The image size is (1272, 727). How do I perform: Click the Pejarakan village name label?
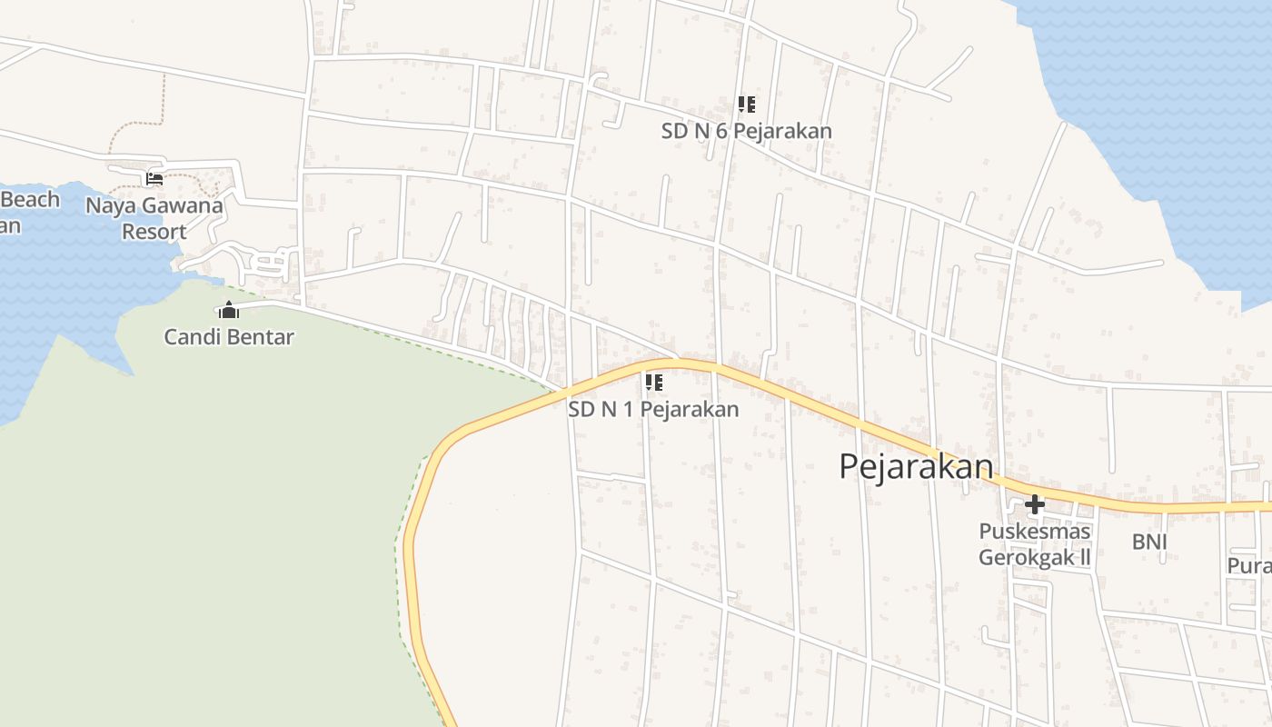916,466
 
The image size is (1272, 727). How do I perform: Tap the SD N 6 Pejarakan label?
746,131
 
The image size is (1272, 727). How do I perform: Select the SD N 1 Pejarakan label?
653,409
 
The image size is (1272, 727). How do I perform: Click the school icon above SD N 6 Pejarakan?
746,105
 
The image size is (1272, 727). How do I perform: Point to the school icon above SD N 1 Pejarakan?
653,383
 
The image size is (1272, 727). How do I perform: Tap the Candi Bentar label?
229,337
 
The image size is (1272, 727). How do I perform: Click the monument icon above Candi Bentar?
229,311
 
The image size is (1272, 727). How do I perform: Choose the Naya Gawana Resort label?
154,218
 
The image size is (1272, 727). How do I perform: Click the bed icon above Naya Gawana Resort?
154,179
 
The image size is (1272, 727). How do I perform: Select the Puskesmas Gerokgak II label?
1034,543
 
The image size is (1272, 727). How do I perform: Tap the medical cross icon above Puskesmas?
1034,504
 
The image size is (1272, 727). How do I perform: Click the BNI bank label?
1149,543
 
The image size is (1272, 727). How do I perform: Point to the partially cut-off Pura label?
1249,565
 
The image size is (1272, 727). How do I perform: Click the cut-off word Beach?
30,200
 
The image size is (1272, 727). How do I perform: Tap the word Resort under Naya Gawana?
154,232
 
